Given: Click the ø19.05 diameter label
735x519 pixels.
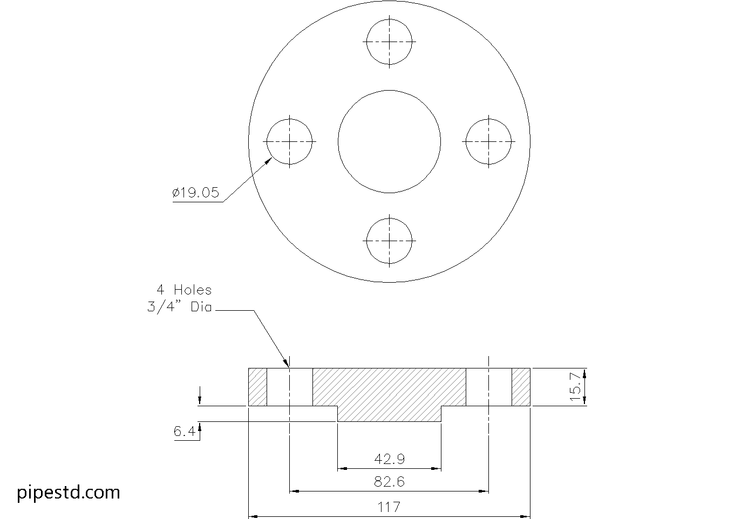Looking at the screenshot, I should (x=196, y=193).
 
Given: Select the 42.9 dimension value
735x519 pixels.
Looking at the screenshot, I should (x=389, y=459).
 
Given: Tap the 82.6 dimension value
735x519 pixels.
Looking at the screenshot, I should (x=389, y=481).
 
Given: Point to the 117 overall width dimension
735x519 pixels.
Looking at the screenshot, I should (x=389, y=507).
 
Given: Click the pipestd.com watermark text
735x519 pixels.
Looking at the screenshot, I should (x=69, y=492).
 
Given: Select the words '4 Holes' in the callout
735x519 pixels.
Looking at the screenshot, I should (x=184, y=290).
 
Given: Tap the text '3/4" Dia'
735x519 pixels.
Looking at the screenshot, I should (x=180, y=308).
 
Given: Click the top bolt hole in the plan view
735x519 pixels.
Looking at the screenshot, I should (x=390, y=42).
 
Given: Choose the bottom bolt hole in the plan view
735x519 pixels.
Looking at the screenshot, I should (x=390, y=241).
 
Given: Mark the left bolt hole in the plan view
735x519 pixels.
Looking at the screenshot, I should (x=290, y=141).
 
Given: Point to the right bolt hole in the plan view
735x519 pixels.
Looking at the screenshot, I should (x=489, y=141).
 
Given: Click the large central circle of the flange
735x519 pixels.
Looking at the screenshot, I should (x=390, y=141).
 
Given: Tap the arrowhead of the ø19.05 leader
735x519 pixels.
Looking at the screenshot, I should (x=270, y=159).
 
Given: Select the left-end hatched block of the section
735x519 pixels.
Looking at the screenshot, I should (x=257, y=387).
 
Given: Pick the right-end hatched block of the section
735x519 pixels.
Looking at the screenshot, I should (x=521, y=387).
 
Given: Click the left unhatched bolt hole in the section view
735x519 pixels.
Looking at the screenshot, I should (x=290, y=387).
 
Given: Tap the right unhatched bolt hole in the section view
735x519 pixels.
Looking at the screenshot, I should (x=489, y=387).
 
